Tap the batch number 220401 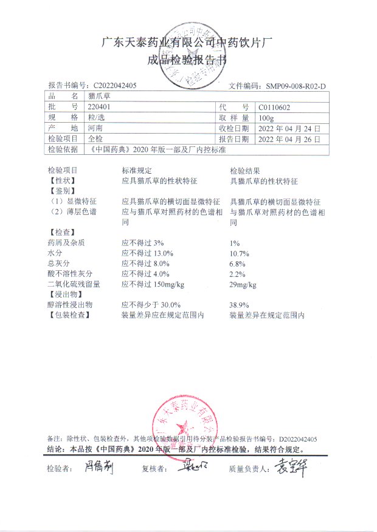click(99, 106)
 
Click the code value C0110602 click(274, 107)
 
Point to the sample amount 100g click(266, 117)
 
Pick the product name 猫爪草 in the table click(99, 96)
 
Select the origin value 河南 click(95, 128)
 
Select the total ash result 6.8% click(237, 263)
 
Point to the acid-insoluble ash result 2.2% click(237, 273)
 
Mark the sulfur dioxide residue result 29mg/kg click(243, 284)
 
